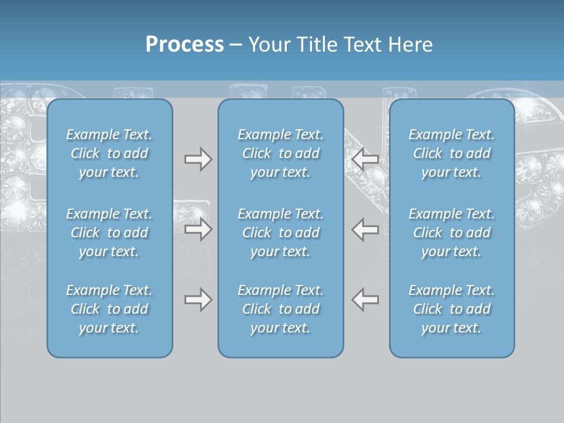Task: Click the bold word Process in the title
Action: [184, 45]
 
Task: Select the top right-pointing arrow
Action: [198, 159]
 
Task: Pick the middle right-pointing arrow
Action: [198, 229]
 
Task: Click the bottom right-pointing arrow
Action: [198, 300]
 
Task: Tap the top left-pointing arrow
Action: [365, 159]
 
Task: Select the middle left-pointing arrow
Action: [365, 229]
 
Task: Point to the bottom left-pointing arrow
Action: [365, 300]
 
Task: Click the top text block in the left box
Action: [109, 153]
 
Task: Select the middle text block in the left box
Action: [109, 233]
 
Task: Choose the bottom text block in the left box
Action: [109, 309]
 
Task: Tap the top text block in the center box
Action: [281, 153]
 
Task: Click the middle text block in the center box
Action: [281, 233]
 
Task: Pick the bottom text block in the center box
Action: [281, 309]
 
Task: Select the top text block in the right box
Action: [452, 153]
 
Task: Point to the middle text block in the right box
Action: [452, 233]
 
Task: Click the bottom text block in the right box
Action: [452, 309]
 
